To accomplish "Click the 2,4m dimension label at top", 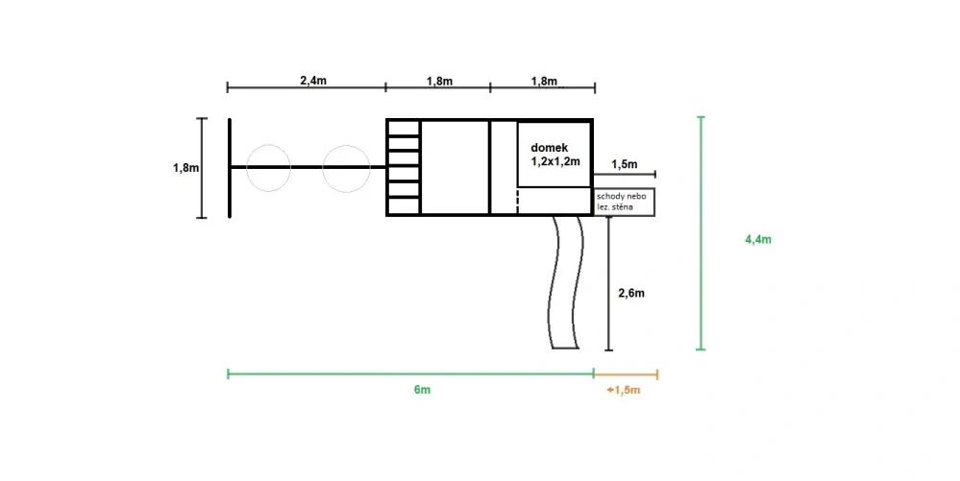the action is pyautogui.click(x=313, y=81).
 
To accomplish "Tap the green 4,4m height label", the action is pyautogui.click(x=758, y=239).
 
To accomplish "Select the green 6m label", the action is pyautogui.click(x=422, y=390).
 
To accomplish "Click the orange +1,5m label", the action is pyautogui.click(x=624, y=391).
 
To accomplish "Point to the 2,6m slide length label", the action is pyautogui.click(x=631, y=293).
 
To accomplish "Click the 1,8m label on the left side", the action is pyautogui.click(x=185, y=168).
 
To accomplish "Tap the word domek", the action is pyautogui.click(x=549, y=148).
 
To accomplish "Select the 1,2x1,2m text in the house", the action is pyautogui.click(x=555, y=162).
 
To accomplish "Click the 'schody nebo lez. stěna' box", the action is pyautogui.click(x=625, y=202).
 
